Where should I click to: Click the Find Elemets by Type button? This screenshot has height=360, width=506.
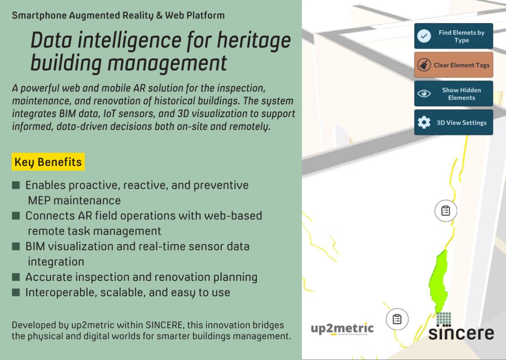click(454, 36)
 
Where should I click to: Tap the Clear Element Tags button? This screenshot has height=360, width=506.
click(454, 65)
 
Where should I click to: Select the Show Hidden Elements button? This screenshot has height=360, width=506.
click(454, 94)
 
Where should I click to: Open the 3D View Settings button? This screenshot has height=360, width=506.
click(454, 122)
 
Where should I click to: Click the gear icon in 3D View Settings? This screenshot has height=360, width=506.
click(424, 122)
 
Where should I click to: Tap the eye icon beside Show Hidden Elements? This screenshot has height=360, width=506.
click(424, 94)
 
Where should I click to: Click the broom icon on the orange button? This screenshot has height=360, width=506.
click(424, 65)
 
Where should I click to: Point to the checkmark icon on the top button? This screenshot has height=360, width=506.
click(424, 36)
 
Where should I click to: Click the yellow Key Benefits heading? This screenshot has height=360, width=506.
click(48, 162)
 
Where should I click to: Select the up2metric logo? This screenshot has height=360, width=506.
click(342, 329)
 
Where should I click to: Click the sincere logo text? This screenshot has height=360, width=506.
click(461, 333)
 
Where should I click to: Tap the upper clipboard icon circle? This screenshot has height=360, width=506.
click(446, 211)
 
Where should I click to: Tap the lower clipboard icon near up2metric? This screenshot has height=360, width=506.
click(397, 319)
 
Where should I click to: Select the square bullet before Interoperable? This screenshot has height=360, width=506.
click(16, 292)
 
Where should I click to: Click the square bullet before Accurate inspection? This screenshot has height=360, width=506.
click(16, 277)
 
